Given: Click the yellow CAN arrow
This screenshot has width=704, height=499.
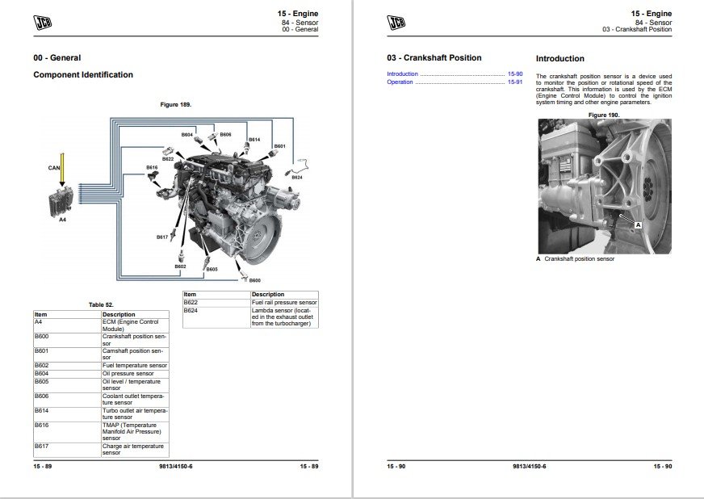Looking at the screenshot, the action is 62,170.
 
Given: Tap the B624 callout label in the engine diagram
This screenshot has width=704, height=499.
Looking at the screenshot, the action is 297,178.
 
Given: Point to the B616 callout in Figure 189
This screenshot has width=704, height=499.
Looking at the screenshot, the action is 153,167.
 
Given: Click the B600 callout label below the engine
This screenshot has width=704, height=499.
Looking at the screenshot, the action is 254,280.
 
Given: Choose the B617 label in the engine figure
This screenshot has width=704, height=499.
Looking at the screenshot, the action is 162,237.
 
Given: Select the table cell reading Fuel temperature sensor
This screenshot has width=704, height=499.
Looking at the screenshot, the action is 135,366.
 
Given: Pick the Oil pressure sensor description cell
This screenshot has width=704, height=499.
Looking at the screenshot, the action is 135,374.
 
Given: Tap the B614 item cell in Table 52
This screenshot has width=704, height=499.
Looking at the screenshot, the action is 67,413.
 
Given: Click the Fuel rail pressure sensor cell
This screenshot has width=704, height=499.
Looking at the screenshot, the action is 284,303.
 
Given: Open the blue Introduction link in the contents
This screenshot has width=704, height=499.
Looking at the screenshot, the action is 402,74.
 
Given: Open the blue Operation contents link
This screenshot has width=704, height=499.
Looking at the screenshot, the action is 400,82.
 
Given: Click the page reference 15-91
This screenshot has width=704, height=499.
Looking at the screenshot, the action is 515,82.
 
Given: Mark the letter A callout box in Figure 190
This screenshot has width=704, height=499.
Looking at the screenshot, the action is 638,224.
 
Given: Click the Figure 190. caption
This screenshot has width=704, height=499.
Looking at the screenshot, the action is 604,115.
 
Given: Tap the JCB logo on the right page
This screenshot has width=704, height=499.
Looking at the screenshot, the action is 396,22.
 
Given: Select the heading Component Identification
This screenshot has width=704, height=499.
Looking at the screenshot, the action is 83,75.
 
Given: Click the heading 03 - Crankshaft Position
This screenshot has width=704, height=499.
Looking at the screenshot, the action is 434,58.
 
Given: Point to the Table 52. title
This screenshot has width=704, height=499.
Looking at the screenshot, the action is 101,305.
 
